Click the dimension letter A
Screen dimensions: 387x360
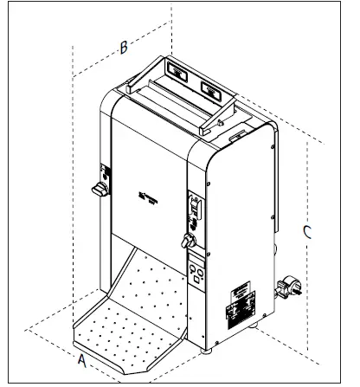tap(80, 356)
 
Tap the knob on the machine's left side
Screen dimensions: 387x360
tap(100, 187)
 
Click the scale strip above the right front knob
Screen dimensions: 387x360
tap(195, 209)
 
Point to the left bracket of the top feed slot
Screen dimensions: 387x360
tap(129, 87)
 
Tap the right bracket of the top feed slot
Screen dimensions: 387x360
tap(202, 126)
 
